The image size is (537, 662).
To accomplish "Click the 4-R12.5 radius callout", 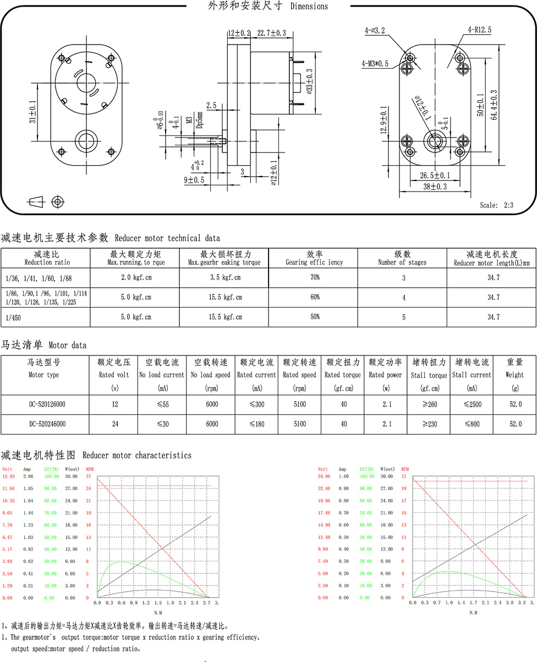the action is pyautogui.click(x=480, y=30).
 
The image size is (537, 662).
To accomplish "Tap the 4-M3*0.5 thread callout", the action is pyautogui.click(x=375, y=64).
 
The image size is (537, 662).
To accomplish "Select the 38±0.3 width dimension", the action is pyautogui.click(x=435, y=187).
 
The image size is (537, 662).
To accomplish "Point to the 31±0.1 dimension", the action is pyautogui.click(x=32, y=112).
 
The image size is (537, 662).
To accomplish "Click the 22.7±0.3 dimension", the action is pyautogui.click(x=271, y=33).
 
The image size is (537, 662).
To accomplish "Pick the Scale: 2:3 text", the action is pyautogui.click(x=496, y=205).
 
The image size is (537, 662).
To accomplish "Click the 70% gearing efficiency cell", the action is pyautogui.click(x=315, y=277).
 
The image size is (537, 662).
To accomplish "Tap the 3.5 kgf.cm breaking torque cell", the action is pyautogui.click(x=225, y=277).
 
